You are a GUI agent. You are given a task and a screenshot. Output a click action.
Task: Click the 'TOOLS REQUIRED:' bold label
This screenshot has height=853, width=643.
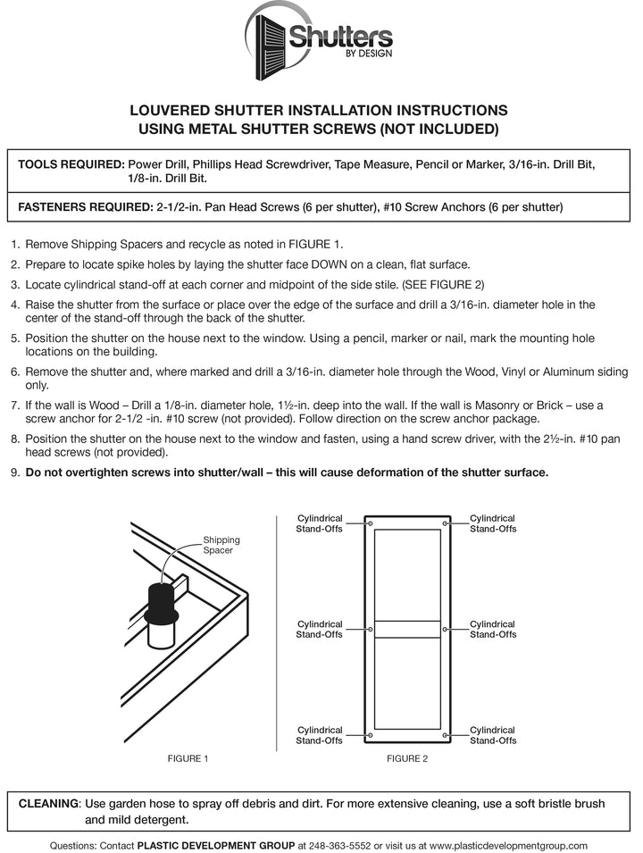[71, 165]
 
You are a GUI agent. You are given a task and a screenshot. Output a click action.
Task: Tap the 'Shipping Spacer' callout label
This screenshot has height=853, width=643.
[221, 545]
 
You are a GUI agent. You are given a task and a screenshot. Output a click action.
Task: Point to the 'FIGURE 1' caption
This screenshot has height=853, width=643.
[188, 758]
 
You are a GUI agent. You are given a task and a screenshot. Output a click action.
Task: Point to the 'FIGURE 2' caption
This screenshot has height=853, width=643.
[406, 758]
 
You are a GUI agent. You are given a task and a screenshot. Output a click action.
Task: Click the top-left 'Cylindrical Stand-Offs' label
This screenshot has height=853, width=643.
[319, 523]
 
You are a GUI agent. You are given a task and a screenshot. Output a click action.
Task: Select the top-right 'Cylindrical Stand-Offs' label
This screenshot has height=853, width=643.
[493, 523]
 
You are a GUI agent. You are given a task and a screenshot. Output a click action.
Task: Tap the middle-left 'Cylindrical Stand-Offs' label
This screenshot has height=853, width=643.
[319, 629]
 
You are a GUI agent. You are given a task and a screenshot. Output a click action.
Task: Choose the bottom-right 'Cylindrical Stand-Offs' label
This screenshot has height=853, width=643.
[493, 735]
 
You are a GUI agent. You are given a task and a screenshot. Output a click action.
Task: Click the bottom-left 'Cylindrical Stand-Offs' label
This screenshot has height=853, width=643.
[319, 735]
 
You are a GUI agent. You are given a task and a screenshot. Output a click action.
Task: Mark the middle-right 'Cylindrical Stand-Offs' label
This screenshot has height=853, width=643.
[493, 629]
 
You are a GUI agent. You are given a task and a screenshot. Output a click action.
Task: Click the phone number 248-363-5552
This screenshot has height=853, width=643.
[339, 845]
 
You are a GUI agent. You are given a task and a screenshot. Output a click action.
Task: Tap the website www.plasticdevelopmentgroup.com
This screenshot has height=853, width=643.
[508, 845]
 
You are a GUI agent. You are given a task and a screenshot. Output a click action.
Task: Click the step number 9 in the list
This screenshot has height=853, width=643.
[14, 472]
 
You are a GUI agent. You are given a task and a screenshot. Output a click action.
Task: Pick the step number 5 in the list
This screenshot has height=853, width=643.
[14, 339]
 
